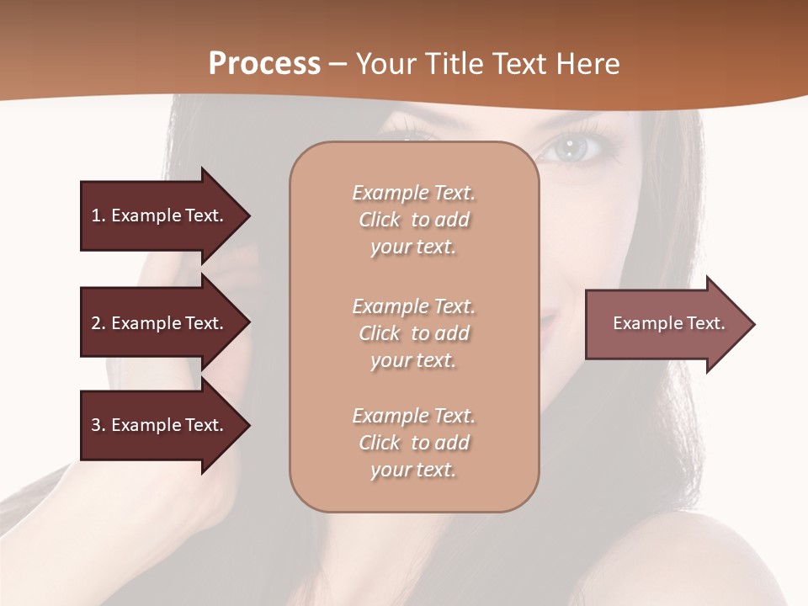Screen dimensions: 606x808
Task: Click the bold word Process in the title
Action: pos(264,64)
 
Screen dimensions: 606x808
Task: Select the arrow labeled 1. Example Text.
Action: pos(160,215)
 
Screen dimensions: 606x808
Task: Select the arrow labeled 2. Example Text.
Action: pos(160,323)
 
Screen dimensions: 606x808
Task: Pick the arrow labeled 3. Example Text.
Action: pos(160,425)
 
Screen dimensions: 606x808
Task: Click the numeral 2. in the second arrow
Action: pos(98,323)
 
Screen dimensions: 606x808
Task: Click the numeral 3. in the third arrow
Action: pos(98,425)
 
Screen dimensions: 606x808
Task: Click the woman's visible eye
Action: pos(571,149)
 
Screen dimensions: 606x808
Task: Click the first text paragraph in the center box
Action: pos(414,220)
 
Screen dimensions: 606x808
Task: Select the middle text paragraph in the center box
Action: pos(414,333)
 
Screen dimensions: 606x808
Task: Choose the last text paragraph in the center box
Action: pos(414,443)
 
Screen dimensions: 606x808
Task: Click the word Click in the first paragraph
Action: pos(380,220)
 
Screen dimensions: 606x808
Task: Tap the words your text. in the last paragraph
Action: pos(414,470)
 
